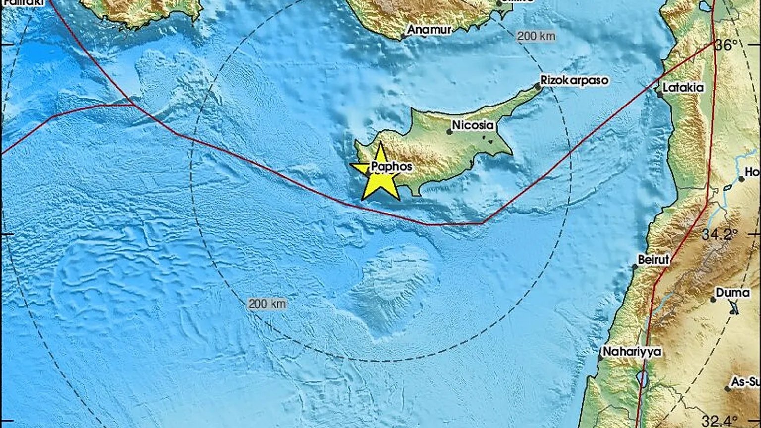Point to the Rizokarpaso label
click(574, 80)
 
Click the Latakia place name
click(683, 87)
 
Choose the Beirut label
click(653, 259)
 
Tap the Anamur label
click(430, 30)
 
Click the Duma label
click(733, 293)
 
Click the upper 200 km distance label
click(536, 36)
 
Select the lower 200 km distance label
click(267, 304)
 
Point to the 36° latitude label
click(726, 46)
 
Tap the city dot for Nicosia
click(449, 132)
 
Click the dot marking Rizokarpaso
click(538, 87)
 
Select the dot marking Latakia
click(659, 93)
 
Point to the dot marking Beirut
click(635, 267)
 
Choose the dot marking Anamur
click(404, 36)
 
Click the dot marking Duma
click(713, 300)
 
